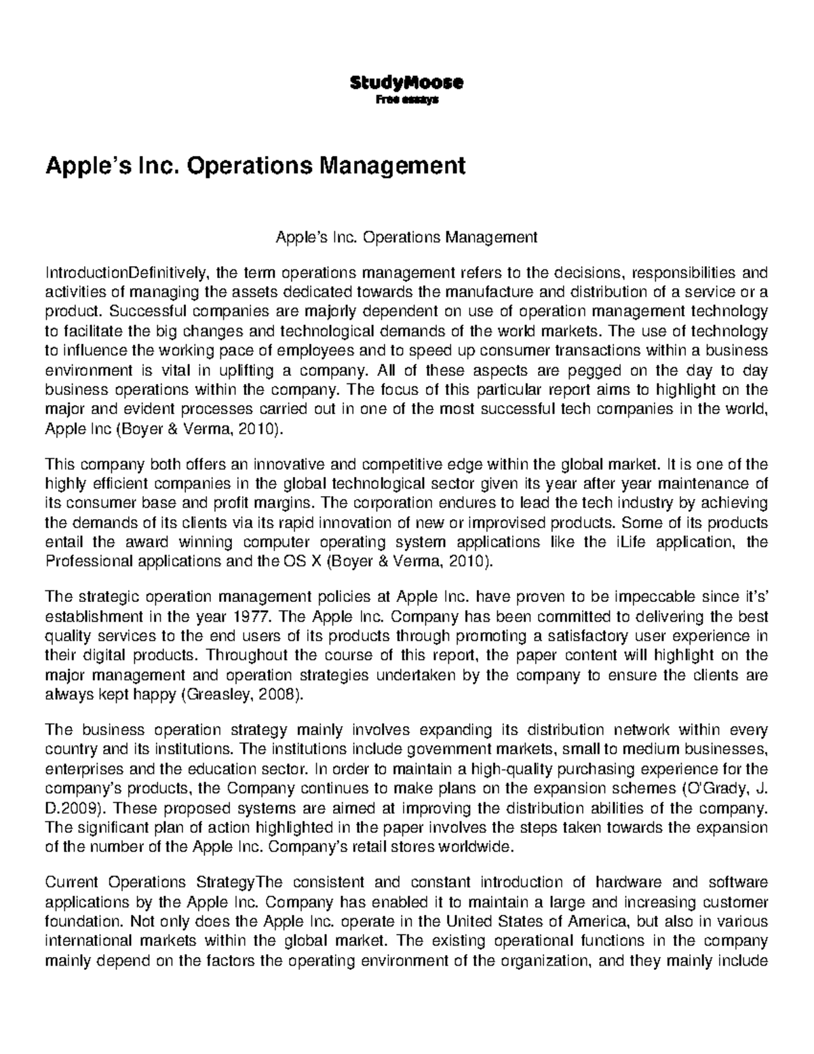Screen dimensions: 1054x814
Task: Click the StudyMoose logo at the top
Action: click(406, 83)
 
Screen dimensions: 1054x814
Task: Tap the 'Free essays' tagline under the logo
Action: click(406, 100)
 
